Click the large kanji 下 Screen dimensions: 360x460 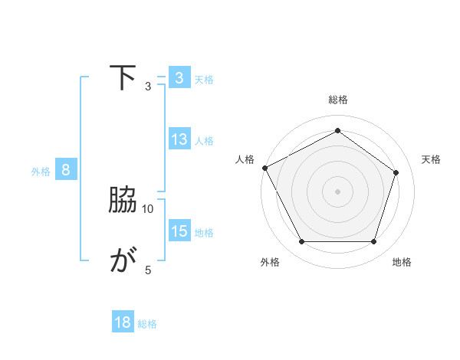pyautogui.click(x=123, y=78)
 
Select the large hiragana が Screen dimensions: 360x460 pyautogui.click(x=123, y=262)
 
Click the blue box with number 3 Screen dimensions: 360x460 pyautogui.click(x=179, y=78)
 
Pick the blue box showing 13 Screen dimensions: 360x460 pyautogui.click(x=179, y=139)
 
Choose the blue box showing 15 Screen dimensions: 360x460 pyautogui.click(x=179, y=231)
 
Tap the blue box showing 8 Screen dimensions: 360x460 pyautogui.click(x=65, y=170)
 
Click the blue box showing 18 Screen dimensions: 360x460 pyautogui.click(x=123, y=323)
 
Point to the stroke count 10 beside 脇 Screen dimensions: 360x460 pyautogui.click(x=148, y=208)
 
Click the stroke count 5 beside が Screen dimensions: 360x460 pyautogui.click(x=148, y=270)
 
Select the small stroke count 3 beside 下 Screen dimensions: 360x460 pyautogui.click(x=148, y=86)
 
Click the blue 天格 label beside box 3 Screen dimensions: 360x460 pyautogui.click(x=204, y=79)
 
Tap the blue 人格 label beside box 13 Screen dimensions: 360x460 pyautogui.click(x=204, y=140)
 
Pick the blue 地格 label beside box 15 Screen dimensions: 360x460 pyautogui.click(x=204, y=232)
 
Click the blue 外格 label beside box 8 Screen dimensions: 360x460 pyautogui.click(x=41, y=171)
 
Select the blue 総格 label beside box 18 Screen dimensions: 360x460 pyautogui.click(x=147, y=324)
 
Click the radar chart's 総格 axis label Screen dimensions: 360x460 pyautogui.click(x=338, y=100)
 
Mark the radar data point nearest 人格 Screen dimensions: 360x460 pyautogui.click(x=264, y=168)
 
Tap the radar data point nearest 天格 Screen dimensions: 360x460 pyautogui.click(x=396, y=172)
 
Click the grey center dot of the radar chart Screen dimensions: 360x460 pyautogui.click(x=338, y=191)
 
